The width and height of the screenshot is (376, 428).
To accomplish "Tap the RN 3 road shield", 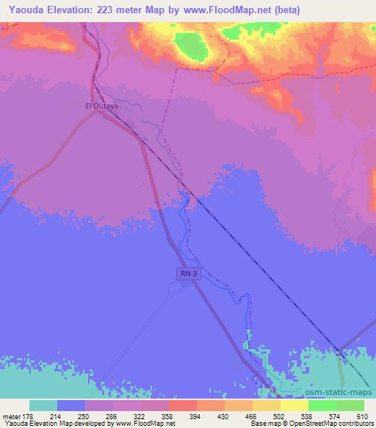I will (189, 274).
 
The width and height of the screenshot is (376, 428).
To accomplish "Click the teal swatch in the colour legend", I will (43, 405).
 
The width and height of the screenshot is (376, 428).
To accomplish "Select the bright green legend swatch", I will (322, 405).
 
